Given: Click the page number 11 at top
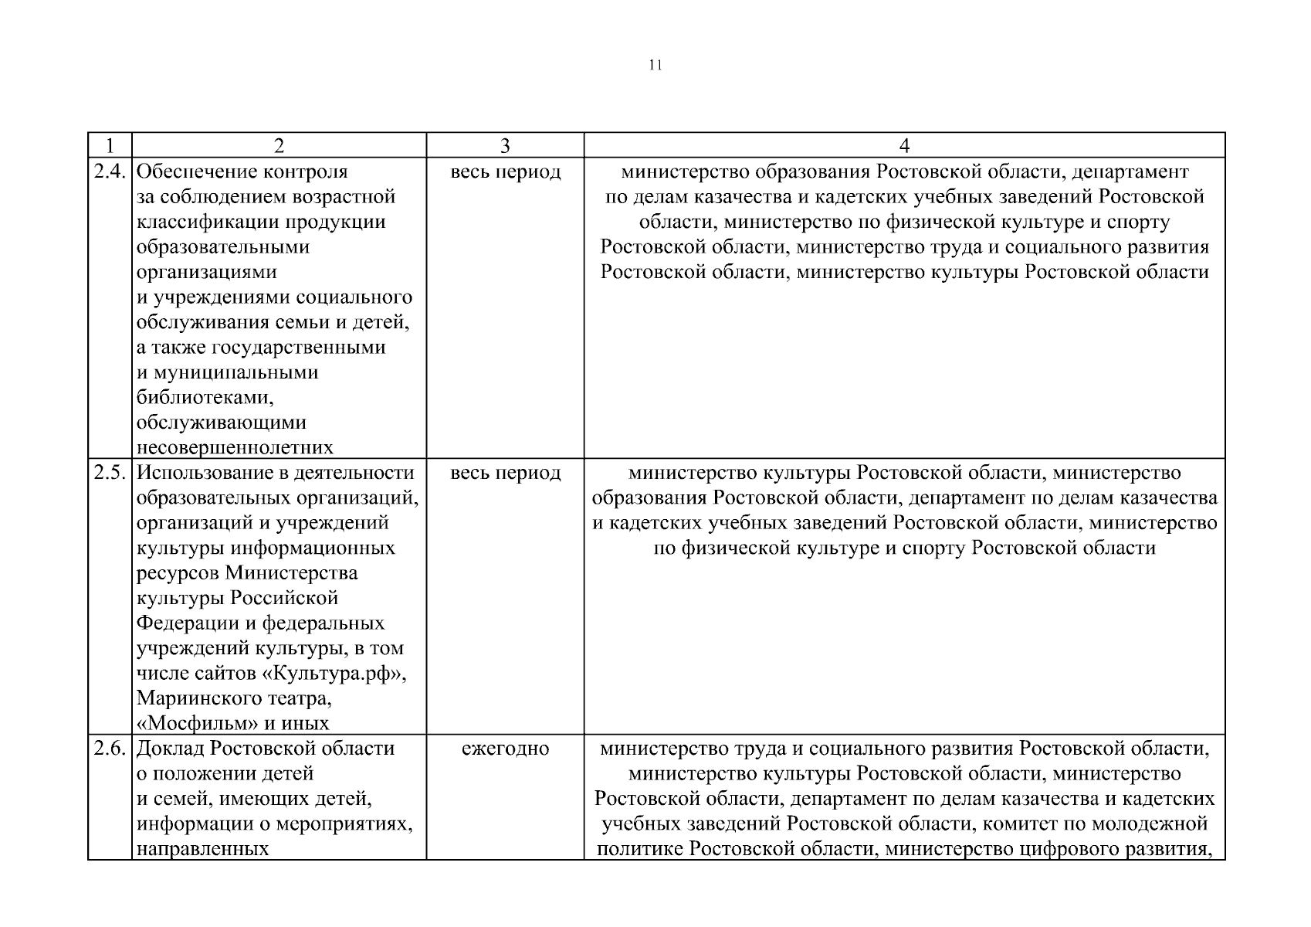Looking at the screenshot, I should pos(655,65).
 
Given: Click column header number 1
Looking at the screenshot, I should pos(110,146).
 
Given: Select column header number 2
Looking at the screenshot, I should pos(279,146).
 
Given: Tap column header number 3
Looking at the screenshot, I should pos(505,146).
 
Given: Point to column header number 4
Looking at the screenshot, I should pos(904,146).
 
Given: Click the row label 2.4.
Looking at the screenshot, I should pos(110,171).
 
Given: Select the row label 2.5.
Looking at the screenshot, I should pos(110,473).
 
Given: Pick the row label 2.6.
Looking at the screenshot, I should pos(110,749).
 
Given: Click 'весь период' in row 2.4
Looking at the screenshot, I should pos(505,171).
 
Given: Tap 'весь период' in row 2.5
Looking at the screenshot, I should pos(505,473).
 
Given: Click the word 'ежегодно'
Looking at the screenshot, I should pos(505,749).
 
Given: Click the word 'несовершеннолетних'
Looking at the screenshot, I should pos(235,447).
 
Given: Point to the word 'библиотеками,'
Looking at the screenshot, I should pos(205,398).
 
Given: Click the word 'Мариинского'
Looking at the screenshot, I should pos(194,699).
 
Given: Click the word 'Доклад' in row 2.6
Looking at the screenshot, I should pos(171,749).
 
